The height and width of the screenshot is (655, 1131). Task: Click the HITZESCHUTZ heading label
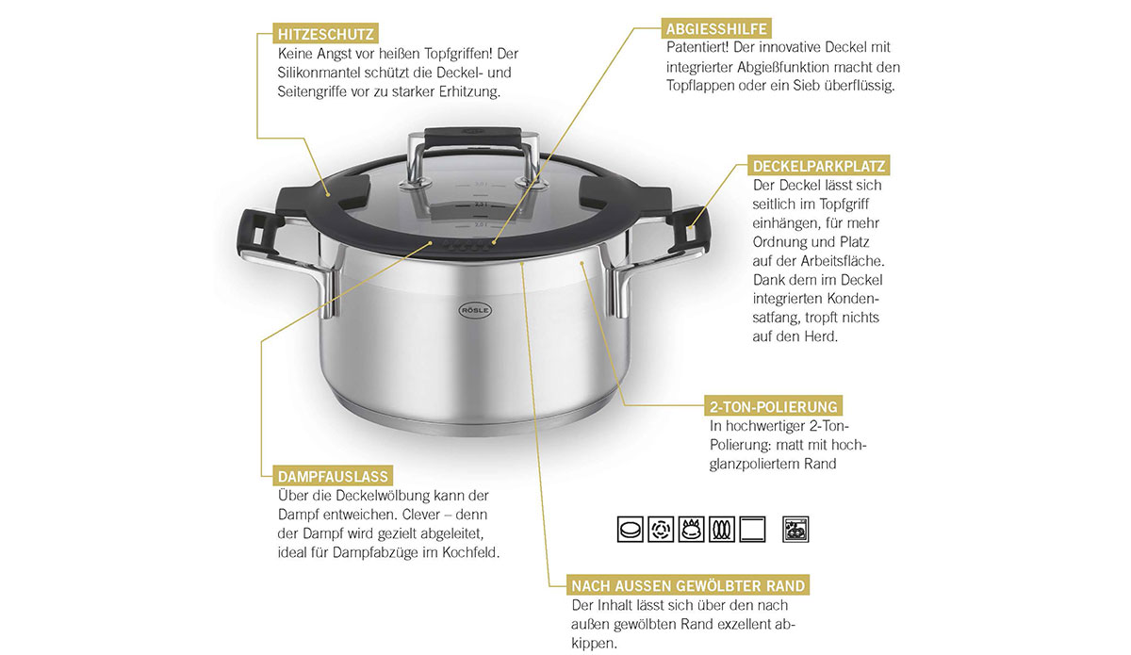(325, 34)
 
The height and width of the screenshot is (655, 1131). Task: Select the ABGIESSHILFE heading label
(716, 28)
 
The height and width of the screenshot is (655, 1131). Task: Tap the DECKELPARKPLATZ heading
(818, 166)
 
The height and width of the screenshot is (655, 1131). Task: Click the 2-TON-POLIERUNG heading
(773, 406)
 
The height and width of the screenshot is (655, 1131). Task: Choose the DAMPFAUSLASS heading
(333, 476)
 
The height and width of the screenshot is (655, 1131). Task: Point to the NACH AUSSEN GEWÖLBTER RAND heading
(688, 585)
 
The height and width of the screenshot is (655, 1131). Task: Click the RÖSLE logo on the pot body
(475, 310)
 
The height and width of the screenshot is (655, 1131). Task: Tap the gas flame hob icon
(691, 530)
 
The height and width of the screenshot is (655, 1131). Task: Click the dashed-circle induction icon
(661, 530)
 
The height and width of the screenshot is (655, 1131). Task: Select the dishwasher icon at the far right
(795, 530)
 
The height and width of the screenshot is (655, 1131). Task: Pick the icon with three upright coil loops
(722, 530)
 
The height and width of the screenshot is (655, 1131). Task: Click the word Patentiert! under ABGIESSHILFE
(697, 47)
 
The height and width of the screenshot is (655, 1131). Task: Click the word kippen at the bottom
(594, 644)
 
